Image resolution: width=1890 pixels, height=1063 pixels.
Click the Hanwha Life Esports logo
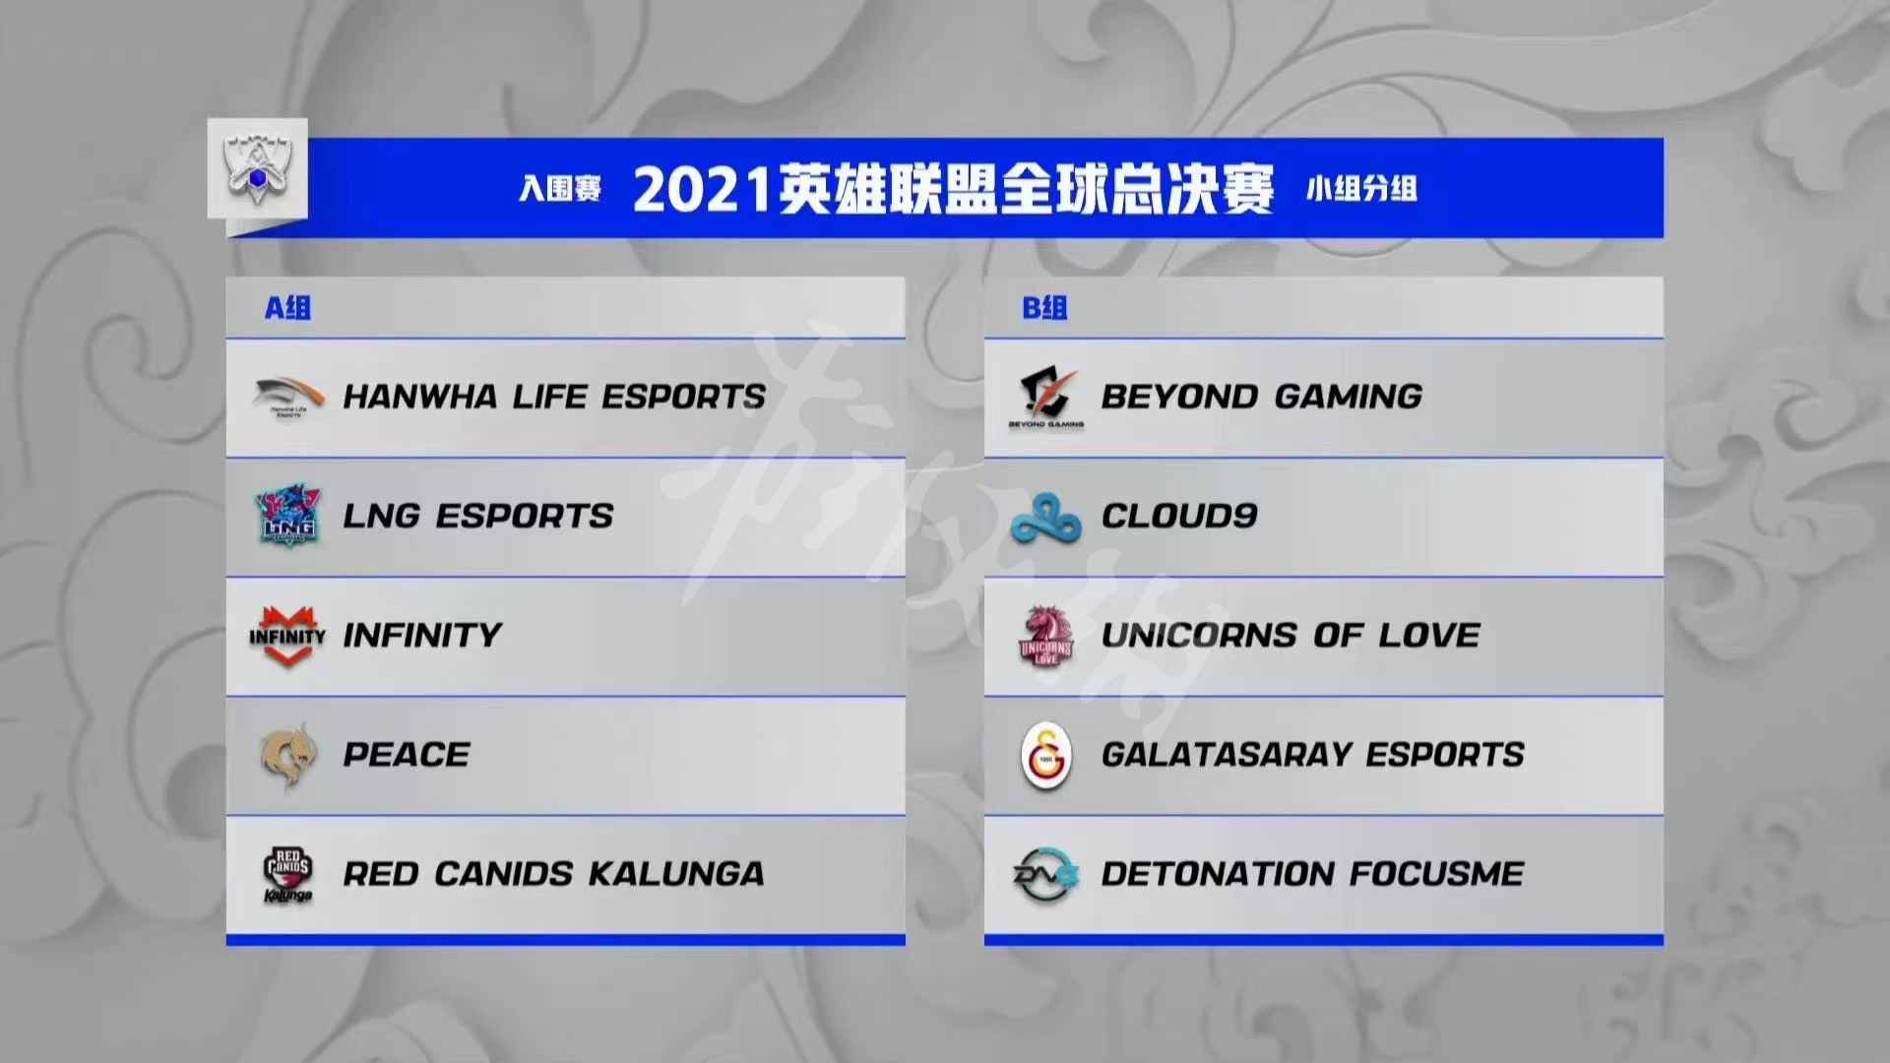pos(287,398)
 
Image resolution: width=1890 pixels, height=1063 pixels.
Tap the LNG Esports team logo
pos(287,515)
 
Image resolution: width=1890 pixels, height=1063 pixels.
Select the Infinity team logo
pos(286,635)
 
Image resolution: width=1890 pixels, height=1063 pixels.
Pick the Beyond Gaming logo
pos(1045,398)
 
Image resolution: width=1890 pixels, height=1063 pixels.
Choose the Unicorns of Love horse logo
pos(1045,636)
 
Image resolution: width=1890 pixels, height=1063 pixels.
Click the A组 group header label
pos(287,308)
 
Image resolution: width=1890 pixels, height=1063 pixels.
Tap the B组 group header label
pos(1044,308)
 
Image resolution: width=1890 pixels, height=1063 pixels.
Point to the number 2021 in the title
pos(701,190)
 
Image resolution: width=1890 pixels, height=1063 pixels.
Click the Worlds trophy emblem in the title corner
pos(257,169)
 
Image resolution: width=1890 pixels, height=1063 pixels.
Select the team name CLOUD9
pos(1179,516)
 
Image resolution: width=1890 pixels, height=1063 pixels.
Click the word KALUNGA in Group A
pos(675,874)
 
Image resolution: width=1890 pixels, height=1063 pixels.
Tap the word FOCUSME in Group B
pos(1436,874)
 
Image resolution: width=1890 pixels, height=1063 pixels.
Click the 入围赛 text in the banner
pos(560,188)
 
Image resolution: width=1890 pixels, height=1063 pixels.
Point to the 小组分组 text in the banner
pos(1361,188)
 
